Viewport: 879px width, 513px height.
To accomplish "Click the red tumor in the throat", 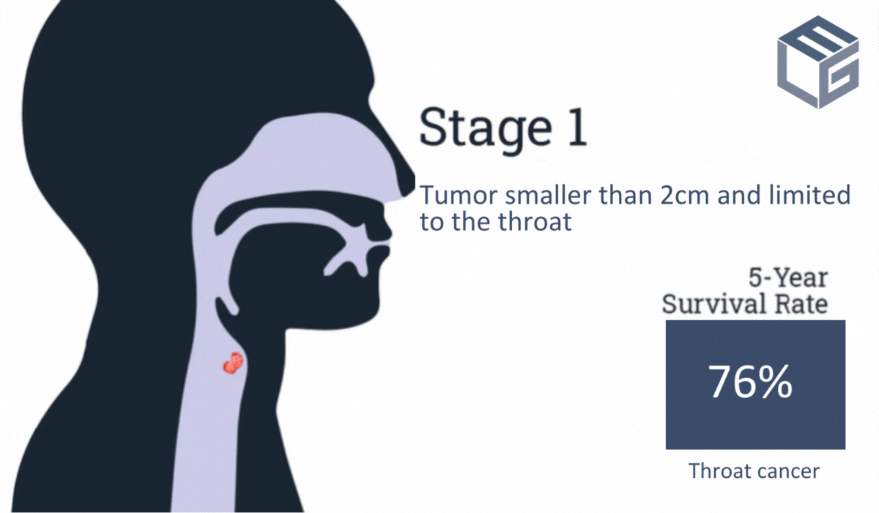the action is (x=233, y=363).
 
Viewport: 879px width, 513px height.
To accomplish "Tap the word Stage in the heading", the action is (x=486, y=129).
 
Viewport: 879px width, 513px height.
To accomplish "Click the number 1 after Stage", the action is (x=577, y=128).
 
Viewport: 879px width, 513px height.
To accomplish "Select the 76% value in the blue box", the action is (x=750, y=382).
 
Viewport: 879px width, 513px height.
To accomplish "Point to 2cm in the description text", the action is (x=684, y=195).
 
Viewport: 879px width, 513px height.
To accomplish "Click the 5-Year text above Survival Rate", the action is (x=788, y=278).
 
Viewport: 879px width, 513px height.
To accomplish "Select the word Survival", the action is (x=713, y=304).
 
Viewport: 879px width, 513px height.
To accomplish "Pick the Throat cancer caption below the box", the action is (x=754, y=470).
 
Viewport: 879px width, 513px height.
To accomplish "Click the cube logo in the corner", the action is (x=817, y=62).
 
